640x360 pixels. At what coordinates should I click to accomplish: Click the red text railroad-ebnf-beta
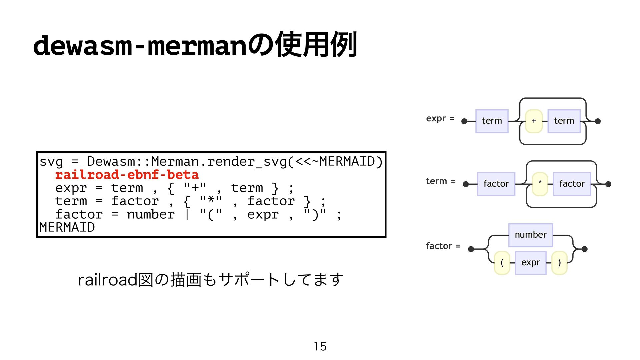127,175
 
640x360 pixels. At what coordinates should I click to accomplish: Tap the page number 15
320,347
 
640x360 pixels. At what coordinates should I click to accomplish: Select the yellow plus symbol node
534,121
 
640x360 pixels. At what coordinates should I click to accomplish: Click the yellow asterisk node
540,184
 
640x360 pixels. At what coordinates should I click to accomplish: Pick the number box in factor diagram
531,235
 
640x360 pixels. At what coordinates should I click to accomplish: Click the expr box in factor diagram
531,263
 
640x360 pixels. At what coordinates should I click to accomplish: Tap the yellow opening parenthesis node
502,263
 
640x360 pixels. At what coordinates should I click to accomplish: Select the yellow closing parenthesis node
559,263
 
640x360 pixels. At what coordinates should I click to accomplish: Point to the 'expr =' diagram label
440,119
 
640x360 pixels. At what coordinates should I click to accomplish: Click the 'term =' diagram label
441,181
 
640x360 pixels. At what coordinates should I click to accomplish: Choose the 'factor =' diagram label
443,246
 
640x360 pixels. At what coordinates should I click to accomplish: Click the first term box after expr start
492,121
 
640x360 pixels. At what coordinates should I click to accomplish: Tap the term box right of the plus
564,121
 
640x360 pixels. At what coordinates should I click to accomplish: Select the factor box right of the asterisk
572,184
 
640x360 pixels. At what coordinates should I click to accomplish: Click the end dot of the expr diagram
598,121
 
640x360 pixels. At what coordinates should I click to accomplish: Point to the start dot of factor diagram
471,249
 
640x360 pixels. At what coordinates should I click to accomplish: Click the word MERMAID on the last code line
67,227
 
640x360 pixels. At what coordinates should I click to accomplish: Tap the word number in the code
151,214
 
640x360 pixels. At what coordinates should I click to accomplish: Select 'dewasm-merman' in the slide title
140,45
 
